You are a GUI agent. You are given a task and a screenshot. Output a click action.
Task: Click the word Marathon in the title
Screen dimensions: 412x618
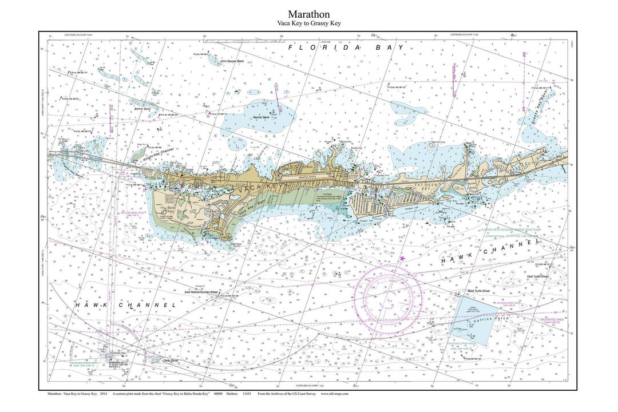[x=308, y=14]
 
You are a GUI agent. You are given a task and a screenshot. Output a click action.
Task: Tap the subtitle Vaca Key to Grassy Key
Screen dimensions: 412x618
[x=308, y=23]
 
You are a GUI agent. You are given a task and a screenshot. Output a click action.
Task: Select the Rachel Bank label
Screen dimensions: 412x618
[x=261, y=117]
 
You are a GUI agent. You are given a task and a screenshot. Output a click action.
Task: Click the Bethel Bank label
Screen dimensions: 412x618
[x=142, y=108]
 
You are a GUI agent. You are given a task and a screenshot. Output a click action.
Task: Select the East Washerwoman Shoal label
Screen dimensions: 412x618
[x=201, y=292]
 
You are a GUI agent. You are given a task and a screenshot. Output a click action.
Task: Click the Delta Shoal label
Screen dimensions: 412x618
[x=155, y=360]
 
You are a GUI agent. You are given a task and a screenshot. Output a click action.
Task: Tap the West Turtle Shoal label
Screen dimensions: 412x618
[x=478, y=291]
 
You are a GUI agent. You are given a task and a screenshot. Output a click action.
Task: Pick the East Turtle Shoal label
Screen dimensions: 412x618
[x=537, y=276]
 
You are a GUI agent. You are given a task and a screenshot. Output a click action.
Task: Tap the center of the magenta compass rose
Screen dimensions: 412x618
[x=389, y=297]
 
